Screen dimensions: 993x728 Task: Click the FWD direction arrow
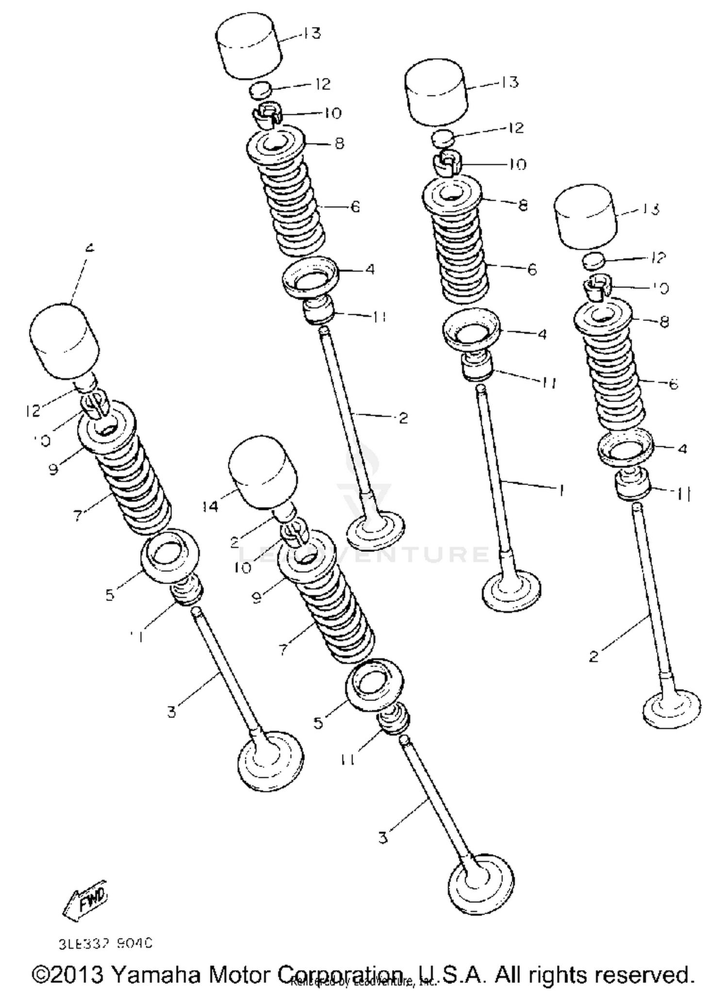[x=85, y=898]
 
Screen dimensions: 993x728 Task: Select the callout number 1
[x=562, y=491]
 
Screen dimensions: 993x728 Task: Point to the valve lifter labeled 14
[x=262, y=471]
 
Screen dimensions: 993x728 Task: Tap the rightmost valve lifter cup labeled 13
[x=586, y=217]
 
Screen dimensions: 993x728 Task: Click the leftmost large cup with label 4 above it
[x=64, y=341]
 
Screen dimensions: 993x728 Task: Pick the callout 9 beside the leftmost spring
[x=53, y=469]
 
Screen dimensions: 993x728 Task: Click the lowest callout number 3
[x=383, y=837]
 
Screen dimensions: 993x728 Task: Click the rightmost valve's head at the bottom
[x=672, y=709]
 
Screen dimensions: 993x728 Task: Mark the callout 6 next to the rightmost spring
[x=673, y=384]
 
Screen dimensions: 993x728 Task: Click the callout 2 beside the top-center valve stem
[x=403, y=418]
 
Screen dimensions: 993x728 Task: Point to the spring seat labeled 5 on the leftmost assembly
[x=170, y=553]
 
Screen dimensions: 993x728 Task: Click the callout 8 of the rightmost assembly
[x=664, y=321]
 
